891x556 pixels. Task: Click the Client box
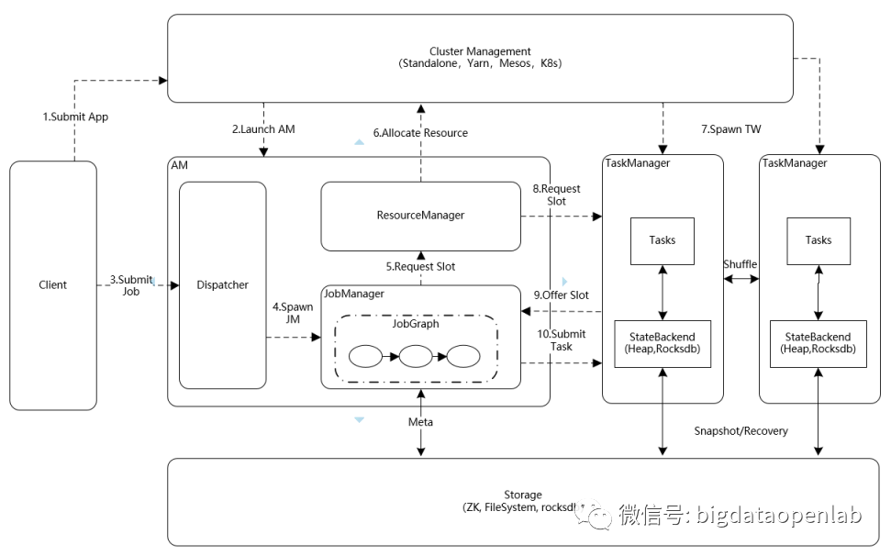pos(53,284)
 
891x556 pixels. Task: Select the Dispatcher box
pos(222,284)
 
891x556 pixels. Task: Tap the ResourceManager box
pos(420,215)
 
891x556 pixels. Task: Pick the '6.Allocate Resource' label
pos(420,133)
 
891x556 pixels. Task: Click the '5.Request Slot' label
pos(419,267)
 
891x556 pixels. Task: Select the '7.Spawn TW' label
pos(731,129)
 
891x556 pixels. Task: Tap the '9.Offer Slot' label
pos(562,295)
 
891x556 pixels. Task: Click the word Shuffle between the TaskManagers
pos(741,264)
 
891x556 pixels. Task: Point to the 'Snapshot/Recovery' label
pos(741,430)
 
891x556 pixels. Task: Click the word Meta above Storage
pos(421,421)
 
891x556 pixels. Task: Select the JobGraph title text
pos(416,323)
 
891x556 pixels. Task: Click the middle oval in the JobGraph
pos(416,355)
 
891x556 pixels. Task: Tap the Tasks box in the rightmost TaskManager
pos(819,240)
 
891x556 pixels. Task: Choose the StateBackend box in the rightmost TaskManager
pos(818,343)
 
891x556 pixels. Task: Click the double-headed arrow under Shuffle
pos(741,278)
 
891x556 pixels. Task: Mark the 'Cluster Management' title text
pos(480,51)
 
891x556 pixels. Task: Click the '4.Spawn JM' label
pos(294,313)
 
